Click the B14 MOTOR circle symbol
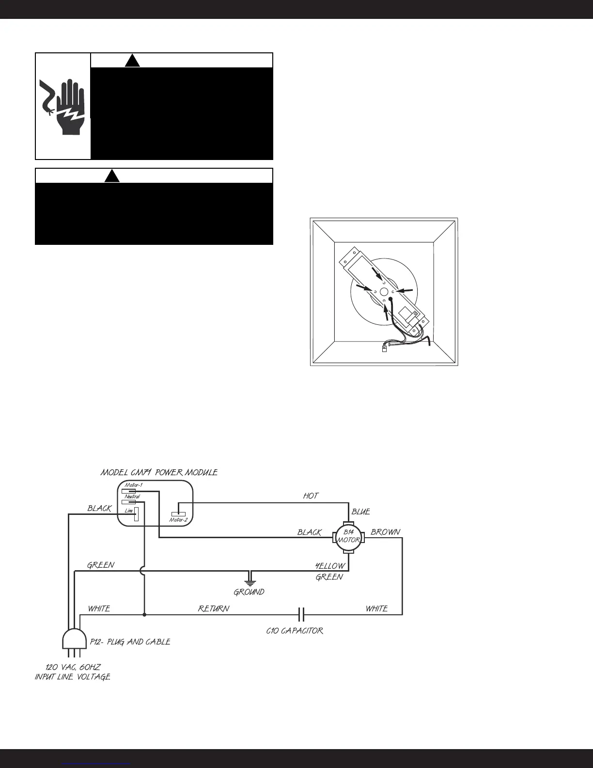pos(348,537)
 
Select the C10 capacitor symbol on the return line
pos(301,615)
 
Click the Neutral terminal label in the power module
pos(132,496)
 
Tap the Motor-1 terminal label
pos(133,485)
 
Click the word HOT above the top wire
pos(311,496)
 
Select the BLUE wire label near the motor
pos(361,512)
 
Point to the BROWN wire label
pos(385,532)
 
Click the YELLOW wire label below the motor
pos(330,566)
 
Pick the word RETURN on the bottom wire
pos(214,608)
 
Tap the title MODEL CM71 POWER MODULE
pos(159,472)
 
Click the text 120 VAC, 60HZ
pos(73,667)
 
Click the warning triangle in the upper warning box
pos(132,61)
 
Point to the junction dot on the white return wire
pos(144,615)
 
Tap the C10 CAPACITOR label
pos(295,631)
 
